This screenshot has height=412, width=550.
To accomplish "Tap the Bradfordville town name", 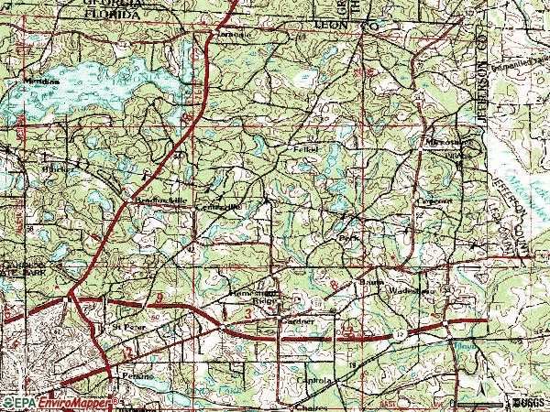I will click(148, 201).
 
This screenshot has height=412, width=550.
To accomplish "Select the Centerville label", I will click(221, 208).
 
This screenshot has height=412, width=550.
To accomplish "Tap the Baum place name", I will click(369, 283).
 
